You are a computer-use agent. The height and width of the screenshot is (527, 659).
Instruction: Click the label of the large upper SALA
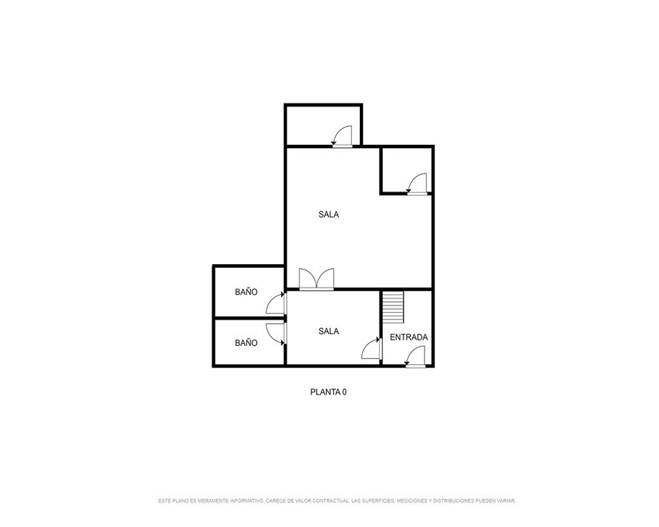[x=329, y=214]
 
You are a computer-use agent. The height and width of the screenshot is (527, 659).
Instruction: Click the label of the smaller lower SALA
[x=329, y=331]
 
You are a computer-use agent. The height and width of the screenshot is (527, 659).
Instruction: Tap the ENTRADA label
[x=409, y=337]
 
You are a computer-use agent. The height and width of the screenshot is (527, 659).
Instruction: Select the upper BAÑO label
[x=246, y=292]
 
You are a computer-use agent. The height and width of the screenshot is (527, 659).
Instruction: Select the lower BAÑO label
[x=246, y=343]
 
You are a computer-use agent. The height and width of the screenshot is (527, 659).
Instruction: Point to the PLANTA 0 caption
[x=329, y=392]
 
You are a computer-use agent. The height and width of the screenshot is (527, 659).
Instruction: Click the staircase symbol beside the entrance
[x=393, y=307]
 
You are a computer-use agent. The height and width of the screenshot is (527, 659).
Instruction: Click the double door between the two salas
[x=316, y=279]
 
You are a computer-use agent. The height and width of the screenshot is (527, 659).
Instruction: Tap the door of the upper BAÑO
[x=277, y=303]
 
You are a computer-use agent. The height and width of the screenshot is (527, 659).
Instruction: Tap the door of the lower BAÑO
[x=277, y=334]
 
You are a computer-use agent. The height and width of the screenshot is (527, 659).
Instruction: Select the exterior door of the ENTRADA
[x=415, y=357]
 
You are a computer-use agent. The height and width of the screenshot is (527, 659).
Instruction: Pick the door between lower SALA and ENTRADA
[x=372, y=348]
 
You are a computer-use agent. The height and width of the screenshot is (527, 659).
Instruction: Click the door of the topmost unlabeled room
[x=341, y=136]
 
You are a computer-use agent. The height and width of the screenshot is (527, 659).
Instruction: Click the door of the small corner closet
[x=417, y=184]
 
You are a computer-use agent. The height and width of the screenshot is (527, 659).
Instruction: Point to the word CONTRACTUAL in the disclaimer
[x=331, y=501]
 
